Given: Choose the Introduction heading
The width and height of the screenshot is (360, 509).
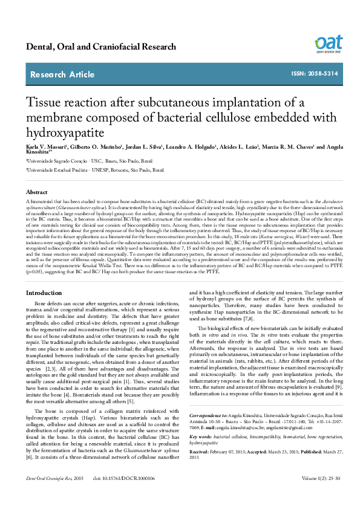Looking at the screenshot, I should click(x=44, y=293).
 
